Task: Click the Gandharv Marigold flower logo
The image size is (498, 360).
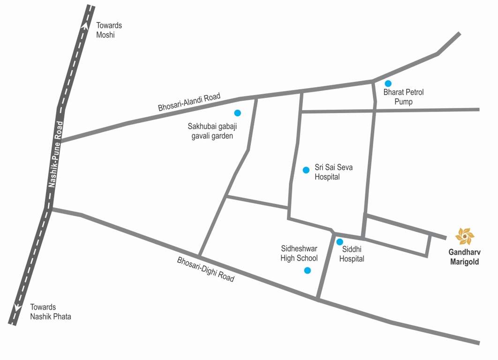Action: coord(465,237)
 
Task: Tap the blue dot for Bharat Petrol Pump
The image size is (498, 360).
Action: coord(388,83)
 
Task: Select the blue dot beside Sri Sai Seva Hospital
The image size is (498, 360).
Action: coord(306,170)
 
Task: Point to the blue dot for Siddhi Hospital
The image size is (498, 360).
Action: coord(340,242)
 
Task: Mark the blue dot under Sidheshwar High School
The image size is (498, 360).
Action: coord(308,270)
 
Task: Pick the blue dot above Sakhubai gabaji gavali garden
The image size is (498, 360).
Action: coord(237,113)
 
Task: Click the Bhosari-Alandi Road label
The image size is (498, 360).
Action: coord(189,102)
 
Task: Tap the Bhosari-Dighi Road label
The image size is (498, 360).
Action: coord(205,269)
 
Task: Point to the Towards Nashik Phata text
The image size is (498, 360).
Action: coord(51,312)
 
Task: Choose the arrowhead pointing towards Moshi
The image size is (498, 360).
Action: coord(84,26)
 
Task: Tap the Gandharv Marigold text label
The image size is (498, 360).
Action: coord(465,258)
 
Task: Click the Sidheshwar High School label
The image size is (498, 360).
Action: coord(299,254)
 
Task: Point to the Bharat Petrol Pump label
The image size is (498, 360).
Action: coord(403,97)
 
